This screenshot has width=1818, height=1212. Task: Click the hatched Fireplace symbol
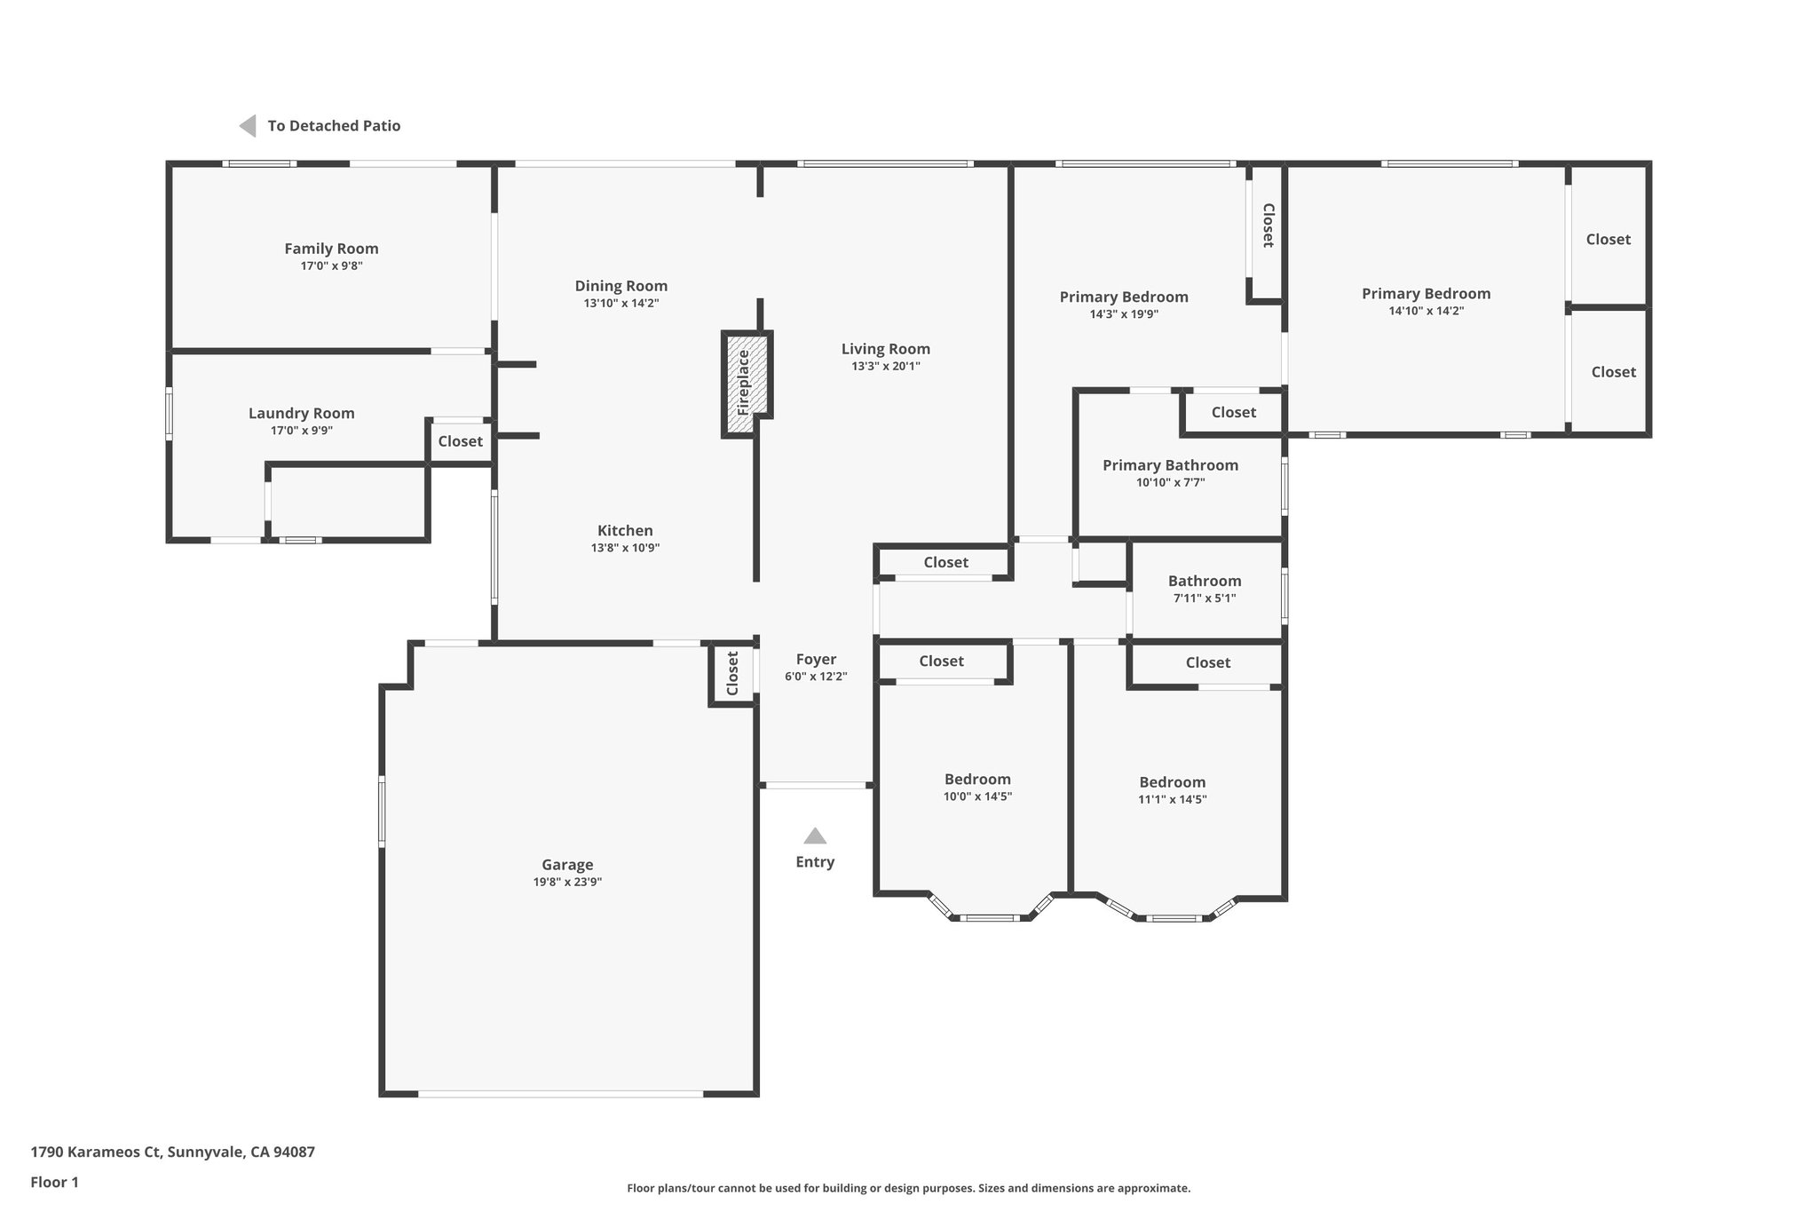[x=746, y=384]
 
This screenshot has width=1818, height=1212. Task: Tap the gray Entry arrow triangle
[x=815, y=836]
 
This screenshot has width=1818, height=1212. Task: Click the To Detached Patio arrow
[x=248, y=126]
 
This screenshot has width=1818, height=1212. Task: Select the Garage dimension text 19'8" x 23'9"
[x=567, y=882]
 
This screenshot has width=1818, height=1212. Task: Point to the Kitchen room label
[x=625, y=530]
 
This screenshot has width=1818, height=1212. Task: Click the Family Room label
[x=331, y=249]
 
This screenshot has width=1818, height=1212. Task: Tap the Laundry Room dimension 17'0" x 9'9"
[x=302, y=431]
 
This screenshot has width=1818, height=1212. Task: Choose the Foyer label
[x=815, y=659]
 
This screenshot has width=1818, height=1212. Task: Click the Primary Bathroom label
[x=1170, y=465]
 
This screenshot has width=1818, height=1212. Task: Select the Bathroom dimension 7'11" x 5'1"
[x=1204, y=598]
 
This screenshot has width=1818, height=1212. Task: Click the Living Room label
[x=885, y=349]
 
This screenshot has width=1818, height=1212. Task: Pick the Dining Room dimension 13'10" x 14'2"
[x=620, y=303]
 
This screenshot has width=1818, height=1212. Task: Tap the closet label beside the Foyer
[x=732, y=674]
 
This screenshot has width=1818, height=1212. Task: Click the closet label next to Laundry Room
[x=460, y=441]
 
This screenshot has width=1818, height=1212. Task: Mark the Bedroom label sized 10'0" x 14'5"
[x=977, y=780]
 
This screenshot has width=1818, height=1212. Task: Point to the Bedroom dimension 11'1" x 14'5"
[x=1172, y=799]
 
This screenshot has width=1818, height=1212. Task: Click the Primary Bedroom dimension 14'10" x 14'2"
[x=1426, y=311]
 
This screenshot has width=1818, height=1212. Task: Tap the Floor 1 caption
[x=54, y=1182]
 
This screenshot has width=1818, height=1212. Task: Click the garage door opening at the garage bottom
[x=561, y=1094]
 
